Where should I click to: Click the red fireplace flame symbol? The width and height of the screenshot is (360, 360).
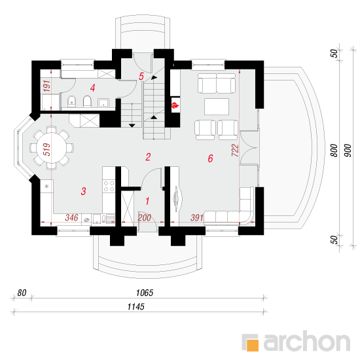click(175, 105)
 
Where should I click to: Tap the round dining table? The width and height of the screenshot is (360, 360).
click(51, 148)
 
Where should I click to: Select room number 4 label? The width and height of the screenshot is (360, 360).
click(92, 88)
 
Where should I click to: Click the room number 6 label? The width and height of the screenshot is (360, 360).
click(210, 158)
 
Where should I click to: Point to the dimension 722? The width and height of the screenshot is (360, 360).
click(235, 151)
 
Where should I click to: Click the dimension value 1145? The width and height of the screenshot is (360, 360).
click(136, 307)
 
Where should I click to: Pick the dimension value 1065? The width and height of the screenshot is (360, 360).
click(145, 293)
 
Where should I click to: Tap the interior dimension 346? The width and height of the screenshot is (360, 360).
click(71, 218)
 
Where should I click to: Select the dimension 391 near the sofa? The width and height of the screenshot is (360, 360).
click(197, 218)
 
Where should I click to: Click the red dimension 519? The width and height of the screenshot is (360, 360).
click(46, 149)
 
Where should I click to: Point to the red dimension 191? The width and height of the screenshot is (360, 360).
click(46, 86)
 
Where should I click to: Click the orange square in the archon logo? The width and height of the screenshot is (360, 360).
click(252, 345)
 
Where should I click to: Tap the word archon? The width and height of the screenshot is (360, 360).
click(307, 341)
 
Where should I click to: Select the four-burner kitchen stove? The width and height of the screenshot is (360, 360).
click(109, 186)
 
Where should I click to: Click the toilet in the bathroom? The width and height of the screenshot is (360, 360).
click(87, 101)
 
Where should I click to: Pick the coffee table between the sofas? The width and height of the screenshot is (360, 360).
click(217, 107)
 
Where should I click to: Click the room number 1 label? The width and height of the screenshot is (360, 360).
click(147, 201)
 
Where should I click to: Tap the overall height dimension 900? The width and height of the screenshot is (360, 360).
click(348, 151)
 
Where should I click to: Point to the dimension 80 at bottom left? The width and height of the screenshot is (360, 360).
click(22, 293)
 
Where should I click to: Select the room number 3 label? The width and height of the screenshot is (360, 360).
click(83, 191)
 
